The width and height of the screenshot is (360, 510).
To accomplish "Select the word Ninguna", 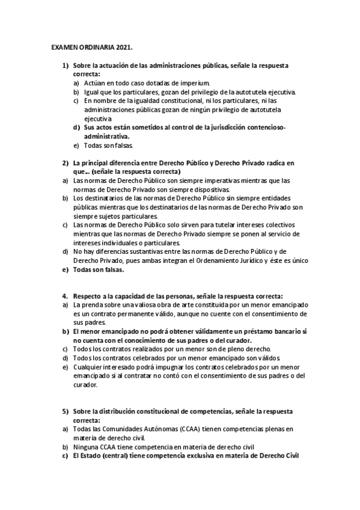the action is pos(87,447).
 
